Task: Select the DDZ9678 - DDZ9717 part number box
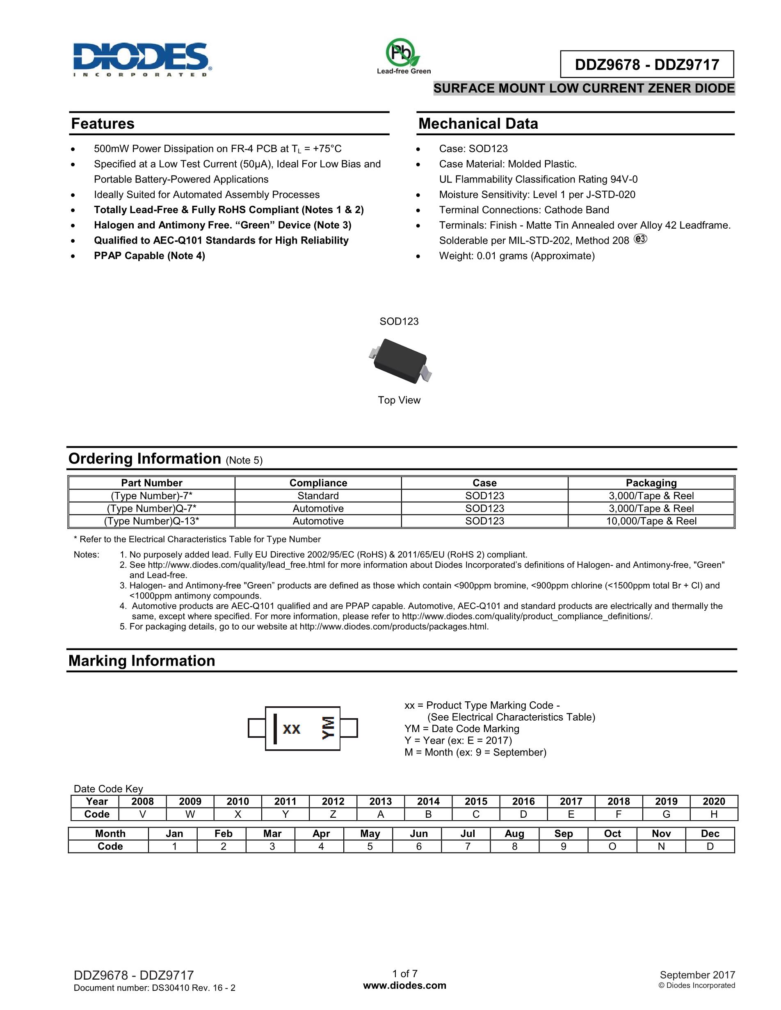point(646,64)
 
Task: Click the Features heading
point(103,123)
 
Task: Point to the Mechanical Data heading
point(478,123)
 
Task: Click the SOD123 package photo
point(400,361)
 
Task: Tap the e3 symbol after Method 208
point(640,239)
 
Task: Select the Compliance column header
point(318,483)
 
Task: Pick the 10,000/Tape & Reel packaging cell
point(651,521)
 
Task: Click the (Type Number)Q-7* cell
point(152,508)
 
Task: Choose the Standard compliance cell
point(318,496)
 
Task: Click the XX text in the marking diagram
point(292,729)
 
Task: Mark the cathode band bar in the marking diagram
point(275,729)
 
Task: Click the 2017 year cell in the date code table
point(571,801)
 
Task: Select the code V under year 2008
point(142,814)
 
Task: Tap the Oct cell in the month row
point(612,834)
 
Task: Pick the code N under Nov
point(661,846)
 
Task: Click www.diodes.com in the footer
point(405,985)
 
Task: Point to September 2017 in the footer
point(697,975)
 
